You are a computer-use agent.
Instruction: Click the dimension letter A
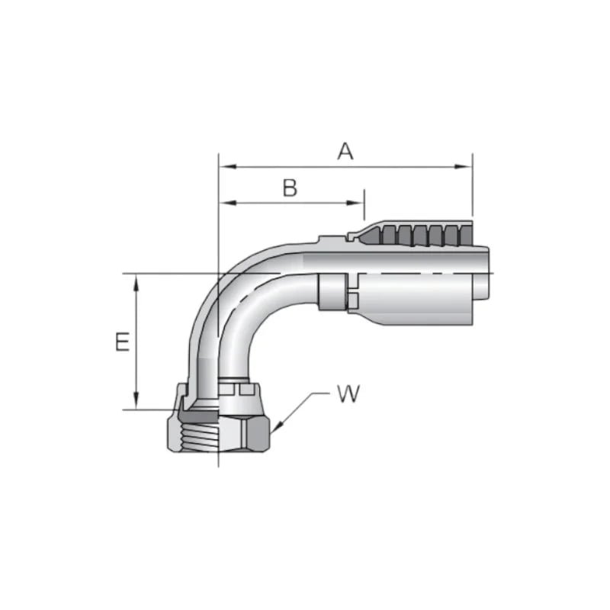[x=345, y=151]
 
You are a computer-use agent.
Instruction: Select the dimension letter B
[x=290, y=188]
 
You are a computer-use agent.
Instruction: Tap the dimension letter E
[x=121, y=342]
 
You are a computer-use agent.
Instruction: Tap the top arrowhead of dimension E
[x=136, y=281]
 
